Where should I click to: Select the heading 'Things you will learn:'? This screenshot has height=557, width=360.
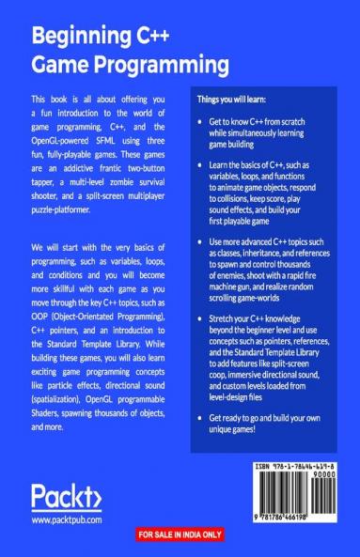click(x=231, y=100)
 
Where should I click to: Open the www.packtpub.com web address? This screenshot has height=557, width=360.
click(x=66, y=518)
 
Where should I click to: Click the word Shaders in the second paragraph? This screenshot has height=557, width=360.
click(x=50, y=416)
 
